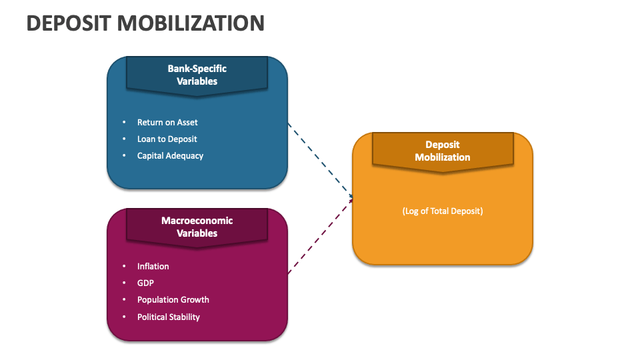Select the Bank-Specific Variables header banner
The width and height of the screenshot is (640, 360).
[x=197, y=75]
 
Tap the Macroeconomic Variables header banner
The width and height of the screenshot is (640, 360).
[x=197, y=227]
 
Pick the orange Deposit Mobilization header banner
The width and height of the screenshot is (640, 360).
[x=442, y=151]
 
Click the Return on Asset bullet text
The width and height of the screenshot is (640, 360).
[x=167, y=123]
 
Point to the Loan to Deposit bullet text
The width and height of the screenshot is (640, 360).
[x=167, y=139]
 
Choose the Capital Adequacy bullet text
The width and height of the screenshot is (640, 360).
[x=170, y=156]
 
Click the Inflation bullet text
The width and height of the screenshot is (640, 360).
[x=153, y=267]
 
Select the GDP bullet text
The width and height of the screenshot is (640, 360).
[x=145, y=283]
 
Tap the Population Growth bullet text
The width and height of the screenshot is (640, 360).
[x=173, y=300]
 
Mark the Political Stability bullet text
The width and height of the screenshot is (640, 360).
[x=168, y=317]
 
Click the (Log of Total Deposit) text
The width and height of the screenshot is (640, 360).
[x=442, y=211]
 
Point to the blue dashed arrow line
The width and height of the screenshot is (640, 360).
[x=320, y=159]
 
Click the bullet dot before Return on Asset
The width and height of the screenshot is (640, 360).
[x=124, y=123]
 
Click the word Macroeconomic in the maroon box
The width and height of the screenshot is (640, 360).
[x=197, y=221]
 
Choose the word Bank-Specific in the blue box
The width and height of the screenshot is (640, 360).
[x=197, y=69]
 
